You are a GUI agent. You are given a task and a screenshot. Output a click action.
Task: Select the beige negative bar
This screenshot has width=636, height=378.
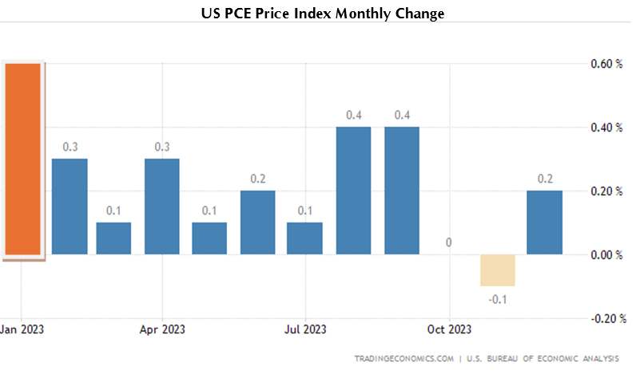(498, 270)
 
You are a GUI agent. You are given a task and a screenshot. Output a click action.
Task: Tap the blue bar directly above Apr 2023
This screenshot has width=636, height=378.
(161, 207)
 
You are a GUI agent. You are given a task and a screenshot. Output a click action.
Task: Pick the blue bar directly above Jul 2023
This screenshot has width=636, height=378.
(304, 238)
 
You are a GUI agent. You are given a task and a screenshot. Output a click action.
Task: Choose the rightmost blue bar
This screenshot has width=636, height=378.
(544, 222)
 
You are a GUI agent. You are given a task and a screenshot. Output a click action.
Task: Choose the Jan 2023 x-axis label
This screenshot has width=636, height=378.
(22, 329)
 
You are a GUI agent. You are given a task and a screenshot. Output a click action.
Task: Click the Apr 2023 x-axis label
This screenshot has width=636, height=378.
(162, 329)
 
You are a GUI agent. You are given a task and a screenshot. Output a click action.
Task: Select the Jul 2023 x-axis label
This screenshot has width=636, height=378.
(304, 329)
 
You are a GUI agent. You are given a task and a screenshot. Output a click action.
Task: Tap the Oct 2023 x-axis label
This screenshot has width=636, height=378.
(449, 329)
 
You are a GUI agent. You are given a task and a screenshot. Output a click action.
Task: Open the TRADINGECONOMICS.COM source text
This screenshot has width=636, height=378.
(403, 359)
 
